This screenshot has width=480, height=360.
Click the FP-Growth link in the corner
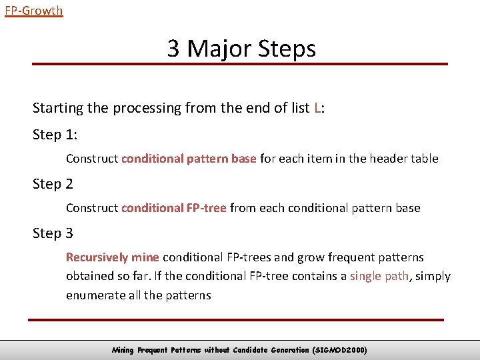point(33,11)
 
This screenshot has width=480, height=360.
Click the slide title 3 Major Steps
point(241,49)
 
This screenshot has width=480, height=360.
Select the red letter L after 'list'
point(317,108)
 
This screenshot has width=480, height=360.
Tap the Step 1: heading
point(55,135)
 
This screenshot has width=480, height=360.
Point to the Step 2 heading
point(53,184)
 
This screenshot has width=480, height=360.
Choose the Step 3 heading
point(53,233)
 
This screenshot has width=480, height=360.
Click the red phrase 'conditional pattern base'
point(189,159)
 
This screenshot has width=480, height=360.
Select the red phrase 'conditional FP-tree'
point(173,208)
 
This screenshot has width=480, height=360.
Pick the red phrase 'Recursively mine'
point(112,257)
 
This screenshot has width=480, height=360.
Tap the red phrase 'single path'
point(379,276)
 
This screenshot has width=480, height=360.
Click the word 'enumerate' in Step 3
point(93,295)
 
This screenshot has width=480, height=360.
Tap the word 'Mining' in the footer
point(123,350)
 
